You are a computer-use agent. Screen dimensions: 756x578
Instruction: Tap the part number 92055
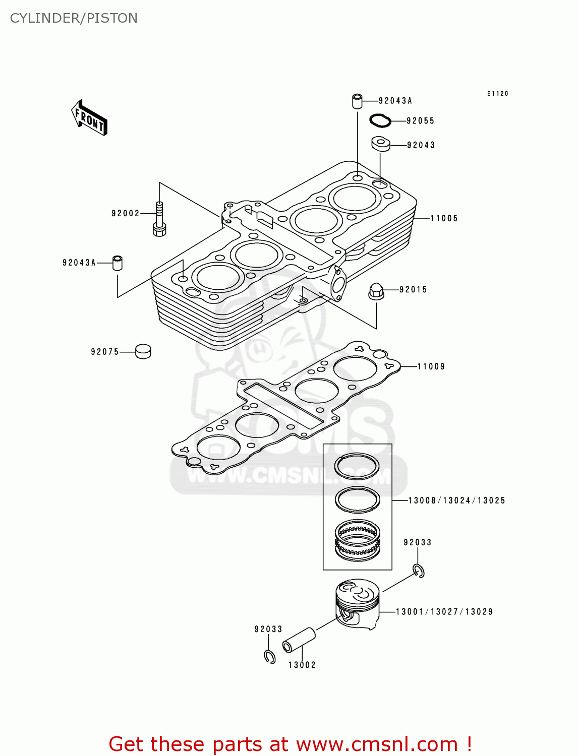420,121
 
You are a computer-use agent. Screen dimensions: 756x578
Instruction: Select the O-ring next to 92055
380,120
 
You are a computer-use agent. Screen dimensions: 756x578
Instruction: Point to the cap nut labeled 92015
376,291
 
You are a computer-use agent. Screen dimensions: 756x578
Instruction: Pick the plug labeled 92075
143,351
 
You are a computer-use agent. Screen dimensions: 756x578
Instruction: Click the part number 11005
444,218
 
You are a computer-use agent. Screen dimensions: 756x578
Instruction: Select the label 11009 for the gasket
431,366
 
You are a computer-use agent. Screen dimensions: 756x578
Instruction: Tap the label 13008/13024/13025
456,500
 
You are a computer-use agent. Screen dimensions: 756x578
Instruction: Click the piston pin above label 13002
299,640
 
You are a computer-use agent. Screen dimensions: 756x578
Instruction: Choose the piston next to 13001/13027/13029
357,603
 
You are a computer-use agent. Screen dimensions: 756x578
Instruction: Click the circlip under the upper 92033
419,571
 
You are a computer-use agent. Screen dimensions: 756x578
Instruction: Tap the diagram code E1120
497,94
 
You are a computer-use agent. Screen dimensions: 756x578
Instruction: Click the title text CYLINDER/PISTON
74,18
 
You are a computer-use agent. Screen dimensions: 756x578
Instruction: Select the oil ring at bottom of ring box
358,540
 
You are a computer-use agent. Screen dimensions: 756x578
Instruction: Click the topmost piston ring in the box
357,466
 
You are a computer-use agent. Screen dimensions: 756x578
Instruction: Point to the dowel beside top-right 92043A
357,101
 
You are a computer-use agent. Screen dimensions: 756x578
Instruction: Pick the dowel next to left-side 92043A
118,263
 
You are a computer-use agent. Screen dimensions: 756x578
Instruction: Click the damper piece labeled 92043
381,144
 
